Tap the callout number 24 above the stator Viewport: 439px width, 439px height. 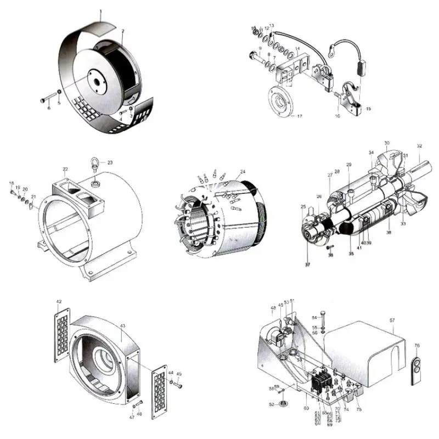pyautogui.click(x=243, y=172)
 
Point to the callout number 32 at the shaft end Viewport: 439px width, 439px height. pyautogui.click(x=419, y=147)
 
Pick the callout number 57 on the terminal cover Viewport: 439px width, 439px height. pyautogui.click(x=392, y=320)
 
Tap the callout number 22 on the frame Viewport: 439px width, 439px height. pyautogui.click(x=65, y=170)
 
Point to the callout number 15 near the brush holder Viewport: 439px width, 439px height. pyautogui.click(x=368, y=109)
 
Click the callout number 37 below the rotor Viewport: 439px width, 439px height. pyautogui.click(x=308, y=264)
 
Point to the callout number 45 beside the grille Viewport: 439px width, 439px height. pyautogui.click(x=179, y=374)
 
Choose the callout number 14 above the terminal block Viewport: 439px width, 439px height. pyautogui.click(x=296, y=49)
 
